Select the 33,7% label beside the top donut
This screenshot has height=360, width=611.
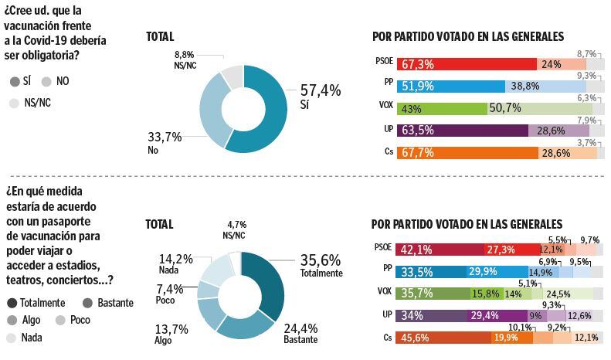pos(164,137)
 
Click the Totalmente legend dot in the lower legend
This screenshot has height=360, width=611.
pos(12,303)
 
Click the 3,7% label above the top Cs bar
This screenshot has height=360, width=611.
pos(586,143)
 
